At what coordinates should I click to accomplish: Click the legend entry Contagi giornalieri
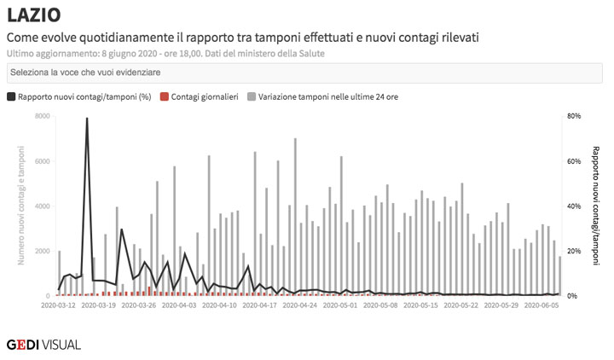[x=204, y=96]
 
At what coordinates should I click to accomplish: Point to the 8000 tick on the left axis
[x=42, y=116]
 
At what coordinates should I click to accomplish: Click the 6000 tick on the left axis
[x=42, y=161]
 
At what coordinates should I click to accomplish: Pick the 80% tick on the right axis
[x=574, y=116]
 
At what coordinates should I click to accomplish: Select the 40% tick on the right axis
[x=574, y=206]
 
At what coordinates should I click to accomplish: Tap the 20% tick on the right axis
[x=574, y=252]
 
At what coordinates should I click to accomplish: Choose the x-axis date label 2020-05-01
[x=342, y=305]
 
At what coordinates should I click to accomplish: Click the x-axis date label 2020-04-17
[x=261, y=305]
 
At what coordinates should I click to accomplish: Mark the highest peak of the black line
[x=87, y=119]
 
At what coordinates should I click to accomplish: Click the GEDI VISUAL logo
[x=43, y=345]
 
